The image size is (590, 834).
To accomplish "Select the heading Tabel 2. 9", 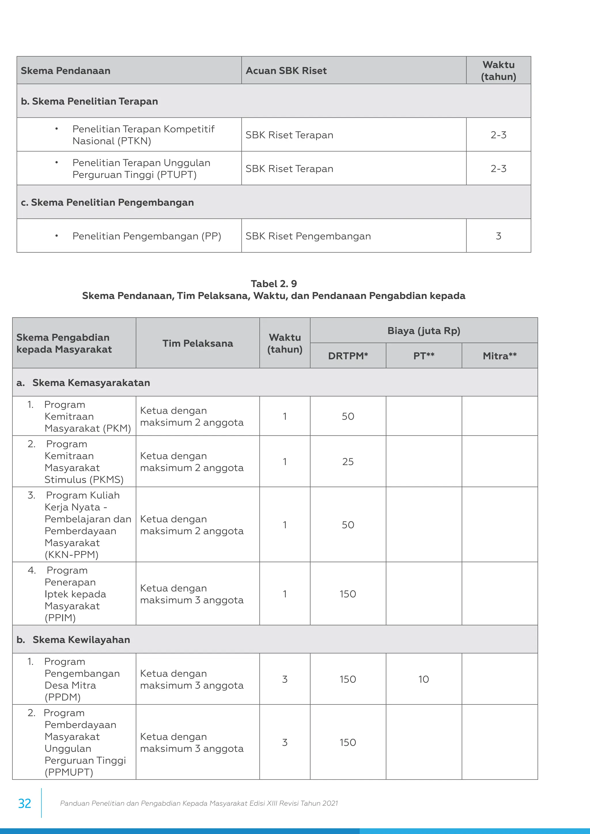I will point(274,284).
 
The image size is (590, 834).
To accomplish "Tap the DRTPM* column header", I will point(348,356).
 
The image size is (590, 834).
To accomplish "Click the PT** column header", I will point(423,356).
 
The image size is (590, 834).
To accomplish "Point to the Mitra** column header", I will point(500,356).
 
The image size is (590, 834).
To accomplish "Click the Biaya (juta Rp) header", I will point(423,331).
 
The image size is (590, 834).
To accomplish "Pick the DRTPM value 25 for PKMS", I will point(348,461).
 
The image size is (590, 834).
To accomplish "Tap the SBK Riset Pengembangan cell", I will point(308,236).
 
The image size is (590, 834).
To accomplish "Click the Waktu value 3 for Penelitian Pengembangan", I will point(498,236).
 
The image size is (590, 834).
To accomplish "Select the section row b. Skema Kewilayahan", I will point(81,640).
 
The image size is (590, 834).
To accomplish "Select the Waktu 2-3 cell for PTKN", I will point(498,135).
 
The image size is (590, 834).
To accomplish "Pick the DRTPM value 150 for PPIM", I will point(348,594).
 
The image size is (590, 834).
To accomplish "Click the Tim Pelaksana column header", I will point(198,343).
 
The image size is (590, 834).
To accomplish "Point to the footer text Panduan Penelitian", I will point(199,803).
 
